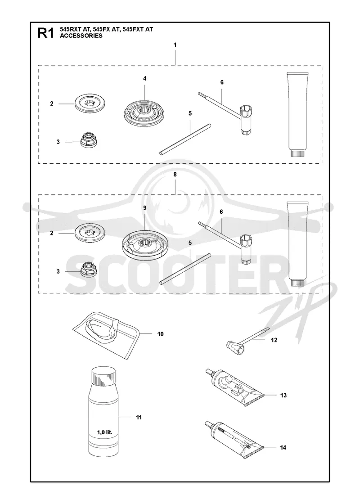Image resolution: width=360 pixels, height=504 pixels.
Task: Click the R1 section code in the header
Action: [x=45, y=33]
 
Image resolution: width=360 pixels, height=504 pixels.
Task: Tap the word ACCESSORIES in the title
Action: [x=81, y=36]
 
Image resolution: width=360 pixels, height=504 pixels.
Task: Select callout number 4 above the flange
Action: [x=144, y=78]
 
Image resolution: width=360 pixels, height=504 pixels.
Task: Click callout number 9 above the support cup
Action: [x=144, y=208]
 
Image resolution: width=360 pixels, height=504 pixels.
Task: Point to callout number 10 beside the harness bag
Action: [x=160, y=334]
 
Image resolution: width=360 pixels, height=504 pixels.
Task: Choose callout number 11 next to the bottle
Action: [x=139, y=417]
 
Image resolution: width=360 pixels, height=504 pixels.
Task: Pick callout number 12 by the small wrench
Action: [x=274, y=340]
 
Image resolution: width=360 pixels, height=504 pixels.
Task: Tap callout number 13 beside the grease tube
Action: [x=283, y=395]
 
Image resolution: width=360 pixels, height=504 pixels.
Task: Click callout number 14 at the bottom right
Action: [x=283, y=447]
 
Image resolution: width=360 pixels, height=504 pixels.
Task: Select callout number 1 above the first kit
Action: [x=175, y=45]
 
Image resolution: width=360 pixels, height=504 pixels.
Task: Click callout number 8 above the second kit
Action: [x=175, y=175]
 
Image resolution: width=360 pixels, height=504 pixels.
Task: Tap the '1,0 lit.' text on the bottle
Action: [x=104, y=432]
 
